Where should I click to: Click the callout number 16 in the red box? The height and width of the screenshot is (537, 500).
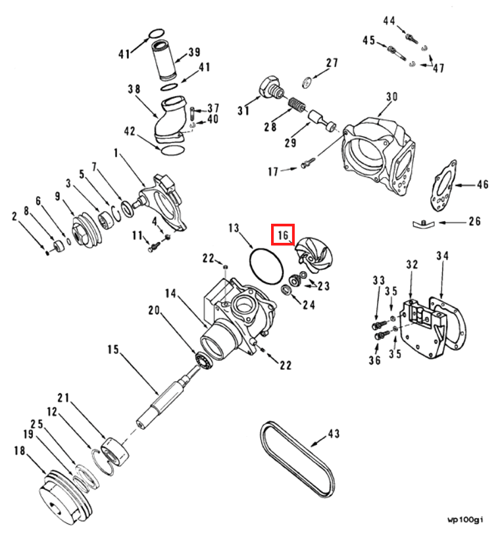pyautogui.click(x=283, y=234)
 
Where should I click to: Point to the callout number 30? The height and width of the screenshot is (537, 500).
pyautogui.click(x=391, y=97)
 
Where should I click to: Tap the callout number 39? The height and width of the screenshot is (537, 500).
pyautogui.click(x=194, y=53)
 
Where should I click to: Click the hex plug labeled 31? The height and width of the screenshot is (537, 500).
pyautogui.click(x=269, y=88)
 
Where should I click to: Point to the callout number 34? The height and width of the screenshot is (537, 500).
pyautogui.click(x=442, y=255)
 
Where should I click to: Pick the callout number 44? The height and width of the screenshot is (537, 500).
pyautogui.click(x=389, y=21)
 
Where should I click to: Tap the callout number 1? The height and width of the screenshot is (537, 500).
pyautogui.click(x=116, y=153)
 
